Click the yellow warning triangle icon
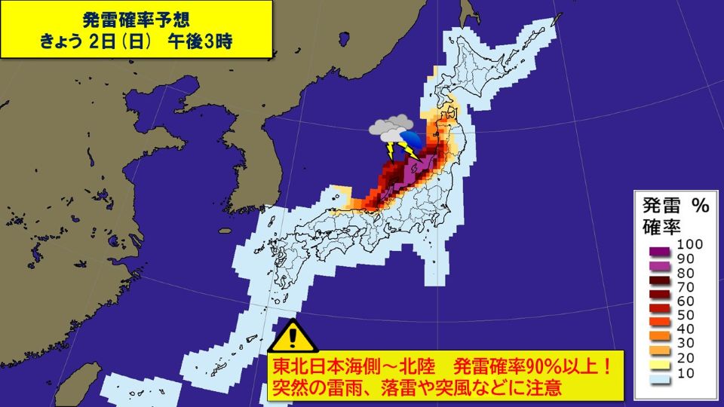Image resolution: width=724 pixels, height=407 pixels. pyautogui.click(x=295, y=334)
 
